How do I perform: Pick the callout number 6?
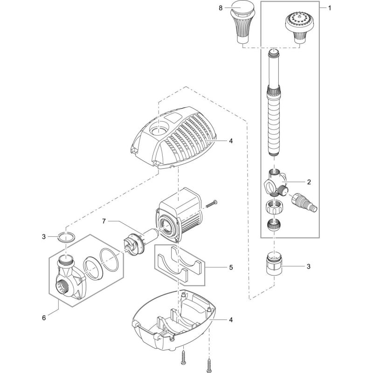(44, 318)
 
